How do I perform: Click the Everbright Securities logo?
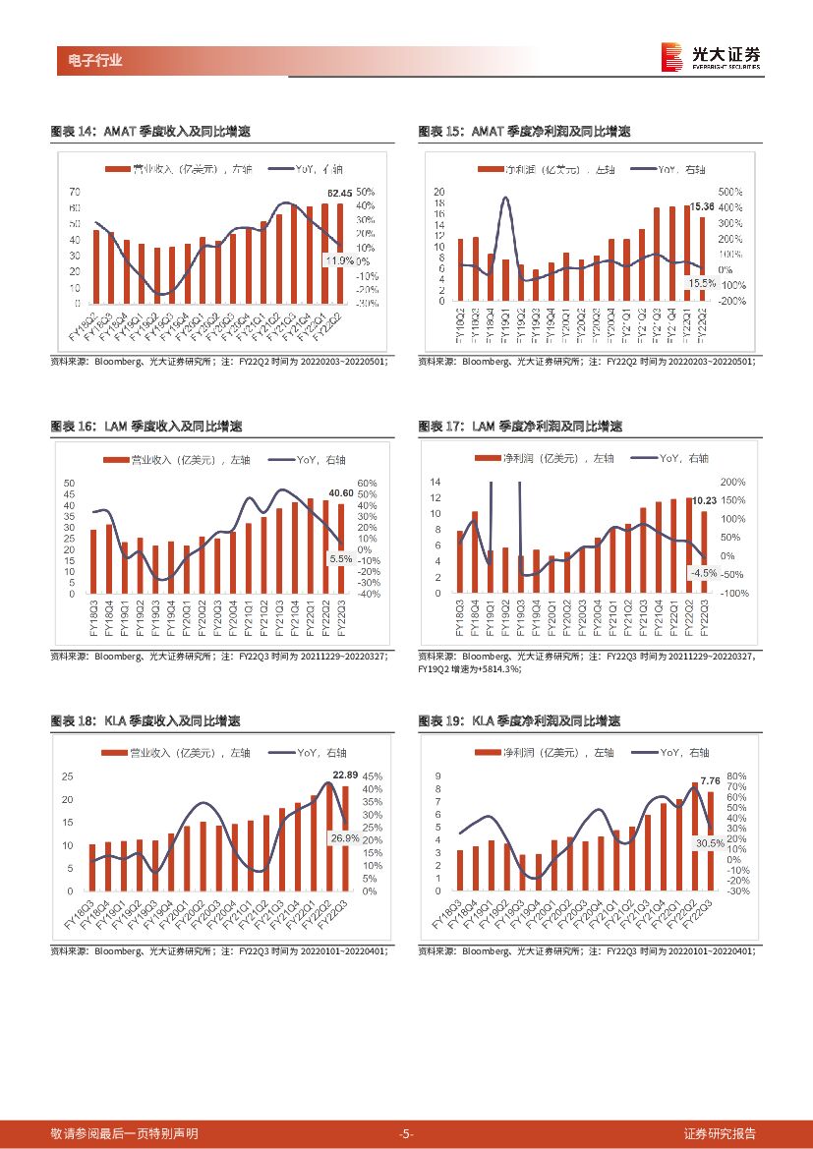(x=714, y=57)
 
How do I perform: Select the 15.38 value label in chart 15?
(x=701, y=205)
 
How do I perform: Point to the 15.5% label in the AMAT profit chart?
(x=703, y=282)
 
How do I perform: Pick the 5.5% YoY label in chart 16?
(x=340, y=558)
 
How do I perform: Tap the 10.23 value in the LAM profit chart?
(x=704, y=500)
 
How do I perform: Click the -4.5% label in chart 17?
(x=703, y=572)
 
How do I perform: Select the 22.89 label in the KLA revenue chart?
(x=345, y=776)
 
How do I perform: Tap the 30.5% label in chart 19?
(x=710, y=843)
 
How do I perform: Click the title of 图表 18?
(x=145, y=721)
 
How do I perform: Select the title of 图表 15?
(x=524, y=132)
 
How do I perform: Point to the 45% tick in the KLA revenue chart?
(x=373, y=776)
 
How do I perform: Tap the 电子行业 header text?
(x=89, y=60)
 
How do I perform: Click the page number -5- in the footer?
(x=406, y=1133)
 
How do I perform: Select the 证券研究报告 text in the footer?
(x=720, y=1133)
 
